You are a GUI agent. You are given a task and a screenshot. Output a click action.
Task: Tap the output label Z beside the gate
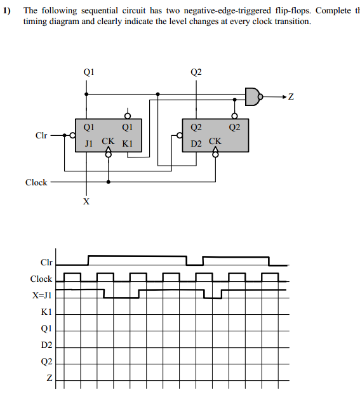291,97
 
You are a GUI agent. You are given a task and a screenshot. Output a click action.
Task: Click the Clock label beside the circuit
36,182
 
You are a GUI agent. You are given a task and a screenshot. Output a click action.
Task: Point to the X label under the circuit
86,202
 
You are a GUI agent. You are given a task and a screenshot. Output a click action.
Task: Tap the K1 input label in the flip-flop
127,143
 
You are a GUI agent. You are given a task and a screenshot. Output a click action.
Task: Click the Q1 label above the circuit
88,72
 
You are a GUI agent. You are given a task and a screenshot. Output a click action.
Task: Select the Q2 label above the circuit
196,72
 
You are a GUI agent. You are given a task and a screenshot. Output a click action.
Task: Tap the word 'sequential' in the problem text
89,11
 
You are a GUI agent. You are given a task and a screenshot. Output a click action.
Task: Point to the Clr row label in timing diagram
46,262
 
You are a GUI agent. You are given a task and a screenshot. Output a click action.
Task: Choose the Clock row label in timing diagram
41,279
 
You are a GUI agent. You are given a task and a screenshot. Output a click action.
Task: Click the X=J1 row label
42,295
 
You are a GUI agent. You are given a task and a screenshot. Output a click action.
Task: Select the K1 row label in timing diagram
46,312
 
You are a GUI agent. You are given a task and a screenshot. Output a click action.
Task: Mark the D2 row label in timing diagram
46,345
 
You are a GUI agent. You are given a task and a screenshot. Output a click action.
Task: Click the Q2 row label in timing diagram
46,362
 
